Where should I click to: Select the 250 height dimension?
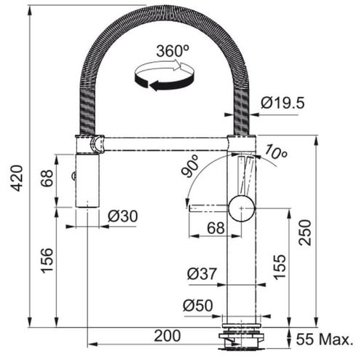(306, 232)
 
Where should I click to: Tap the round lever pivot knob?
(240, 208)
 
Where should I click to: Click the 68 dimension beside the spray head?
(46, 179)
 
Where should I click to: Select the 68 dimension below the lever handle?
(215, 228)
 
